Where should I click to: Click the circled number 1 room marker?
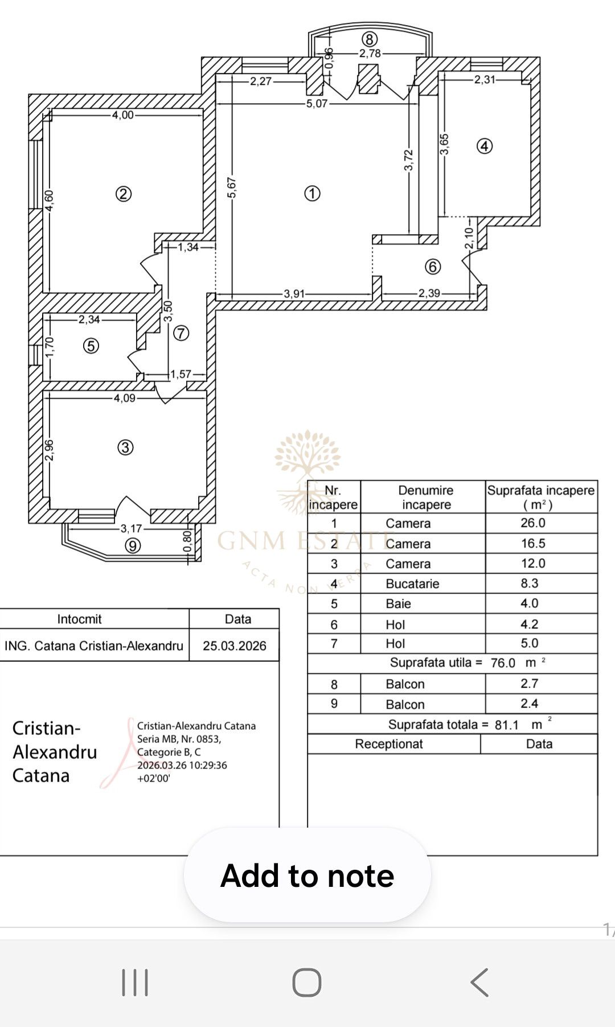pyautogui.click(x=312, y=194)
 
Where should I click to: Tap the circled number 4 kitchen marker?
pyautogui.click(x=485, y=146)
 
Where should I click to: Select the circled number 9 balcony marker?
pyautogui.click(x=133, y=546)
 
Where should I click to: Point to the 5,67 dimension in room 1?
pyautogui.click(x=232, y=187)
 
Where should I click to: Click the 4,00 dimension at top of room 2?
pyautogui.click(x=123, y=115)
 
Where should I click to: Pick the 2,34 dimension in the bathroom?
pyautogui.click(x=89, y=320)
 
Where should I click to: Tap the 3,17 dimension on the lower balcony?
pyautogui.click(x=132, y=529)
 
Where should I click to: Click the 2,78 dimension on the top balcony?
pyautogui.click(x=370, y=54)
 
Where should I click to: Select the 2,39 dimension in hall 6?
pyautogui.click(x=429, y=293)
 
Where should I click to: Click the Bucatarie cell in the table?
pyautogui.click(x=412, y=584)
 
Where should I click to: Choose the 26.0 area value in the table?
pyautogui.click(x=533, y=523)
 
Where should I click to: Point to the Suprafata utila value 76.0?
pyautogui.click(x=503, y=663)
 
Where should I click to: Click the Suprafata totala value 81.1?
pyautogui.click(x=507, y=725)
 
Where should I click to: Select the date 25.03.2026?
pyautogui.click(x=235, y=646)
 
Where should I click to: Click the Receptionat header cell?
pyautogui.click(x=389, y=744)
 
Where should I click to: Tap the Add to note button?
pyautogui.click(x=307, y=875)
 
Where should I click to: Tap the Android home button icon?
pyautogui.click(x=307, y=983)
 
